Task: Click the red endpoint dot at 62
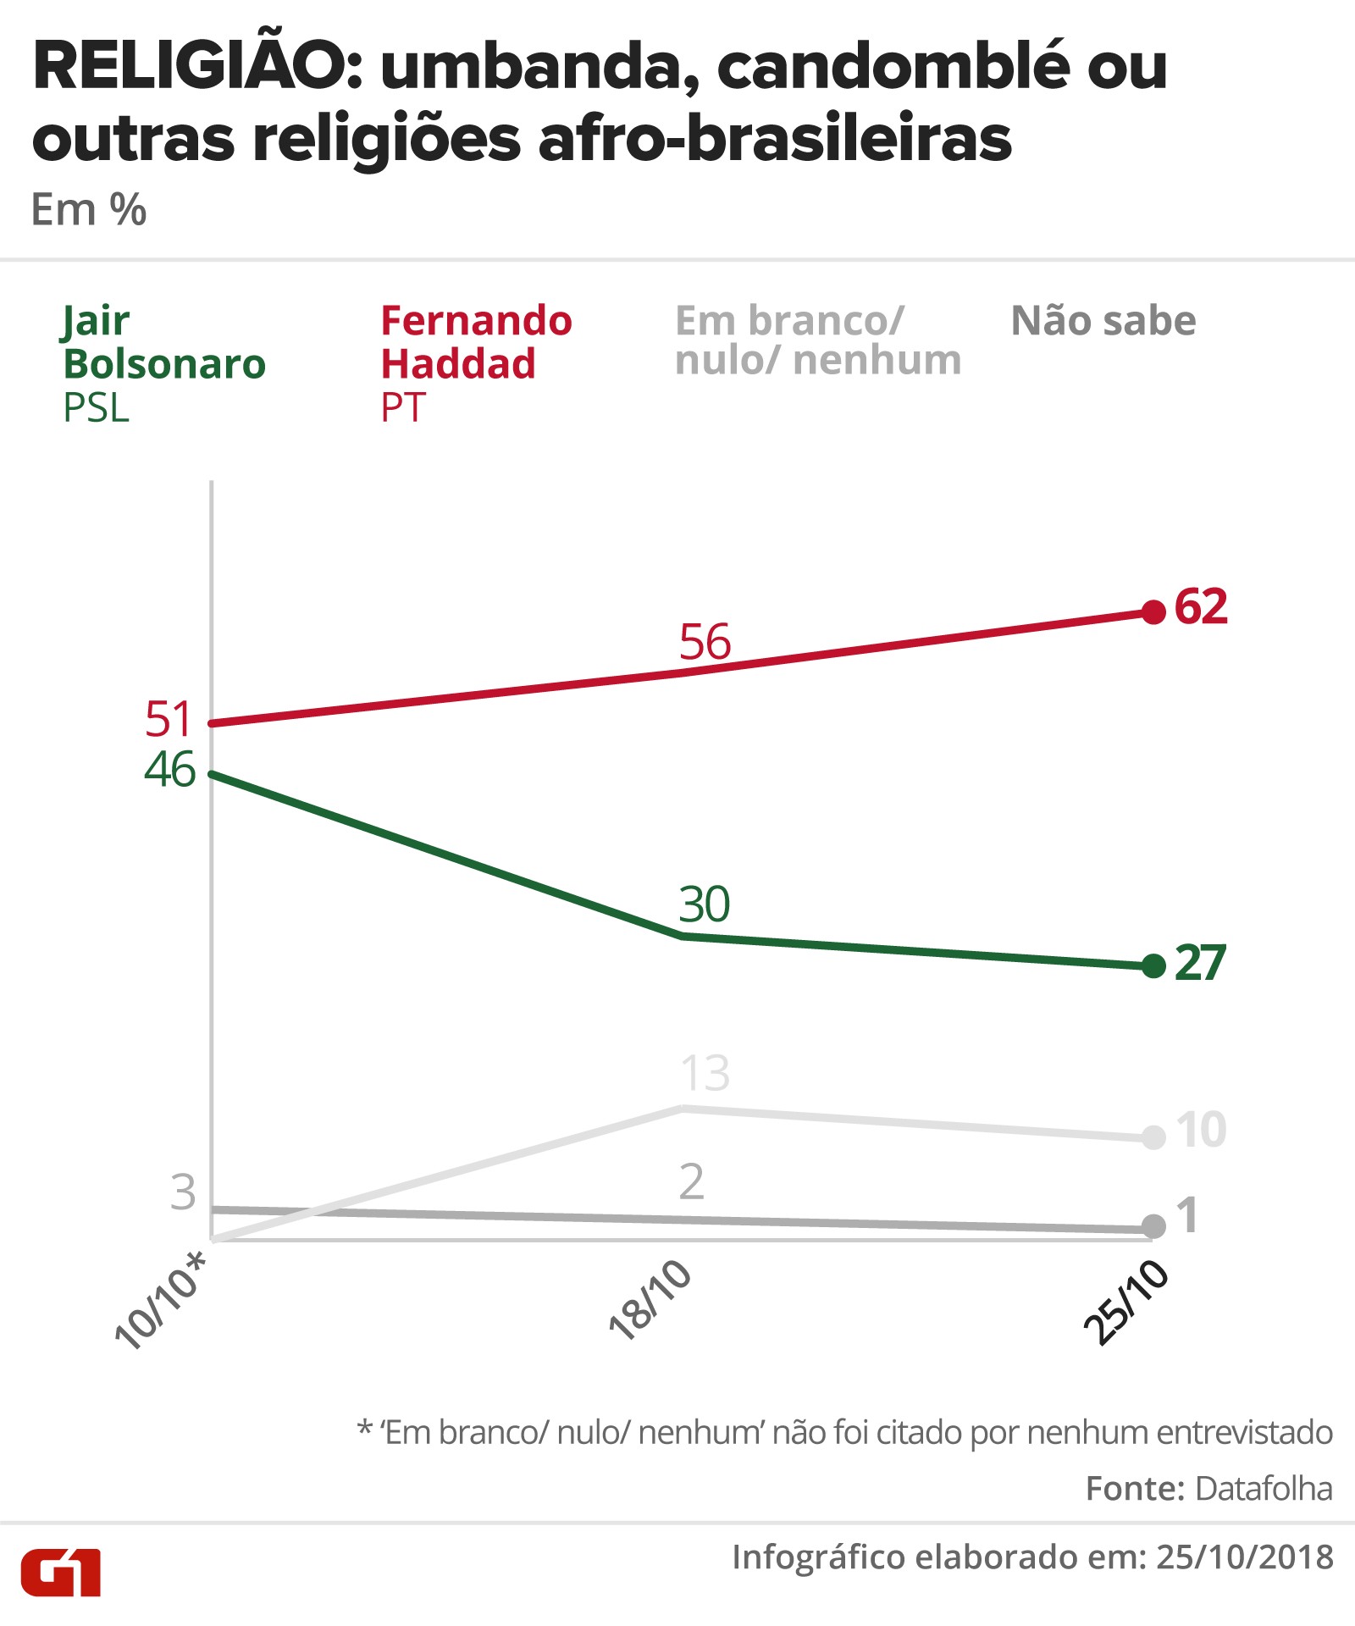(1153, 611)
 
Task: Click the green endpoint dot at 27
(1153, 965)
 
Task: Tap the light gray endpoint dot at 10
(1153, 1137)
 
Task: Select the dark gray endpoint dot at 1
(1153, 1225)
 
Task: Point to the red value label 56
(705, 642)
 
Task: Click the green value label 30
(705, 904)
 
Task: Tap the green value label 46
(170, 770)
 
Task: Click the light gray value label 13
(705, 1074)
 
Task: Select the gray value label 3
(183, 1192)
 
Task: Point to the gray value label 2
(691, 1181)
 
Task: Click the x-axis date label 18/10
(650, 1301)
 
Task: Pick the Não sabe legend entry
(1103, 321)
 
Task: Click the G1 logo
(61, 1573)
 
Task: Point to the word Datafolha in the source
(1264, 1488)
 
